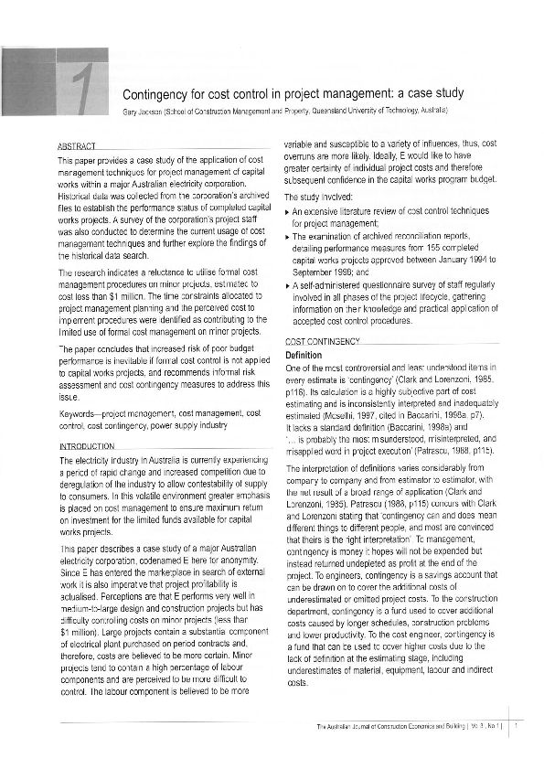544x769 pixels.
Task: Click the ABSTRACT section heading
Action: tap(75, 145)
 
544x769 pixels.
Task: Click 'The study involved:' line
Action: tap(316, 197)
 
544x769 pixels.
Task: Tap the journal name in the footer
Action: tap(394, 727)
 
